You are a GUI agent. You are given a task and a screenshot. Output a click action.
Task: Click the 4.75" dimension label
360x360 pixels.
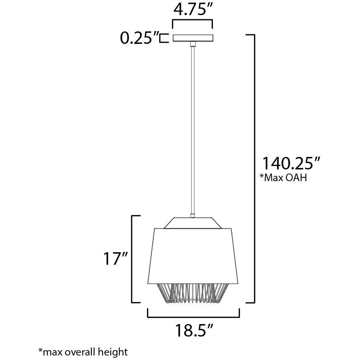192,9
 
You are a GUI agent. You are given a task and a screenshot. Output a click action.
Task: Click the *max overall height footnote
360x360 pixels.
83,352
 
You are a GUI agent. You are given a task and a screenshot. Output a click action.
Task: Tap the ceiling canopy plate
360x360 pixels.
193,38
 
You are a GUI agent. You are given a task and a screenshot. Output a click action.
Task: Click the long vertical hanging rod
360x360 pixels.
193,129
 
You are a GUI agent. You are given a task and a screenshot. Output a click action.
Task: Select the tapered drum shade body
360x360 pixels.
193,253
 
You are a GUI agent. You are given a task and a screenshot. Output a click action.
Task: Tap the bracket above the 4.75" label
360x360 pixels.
192,22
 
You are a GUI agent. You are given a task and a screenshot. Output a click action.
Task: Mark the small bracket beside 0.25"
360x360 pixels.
163,38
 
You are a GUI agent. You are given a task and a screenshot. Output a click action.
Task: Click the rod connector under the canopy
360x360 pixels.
193,45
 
